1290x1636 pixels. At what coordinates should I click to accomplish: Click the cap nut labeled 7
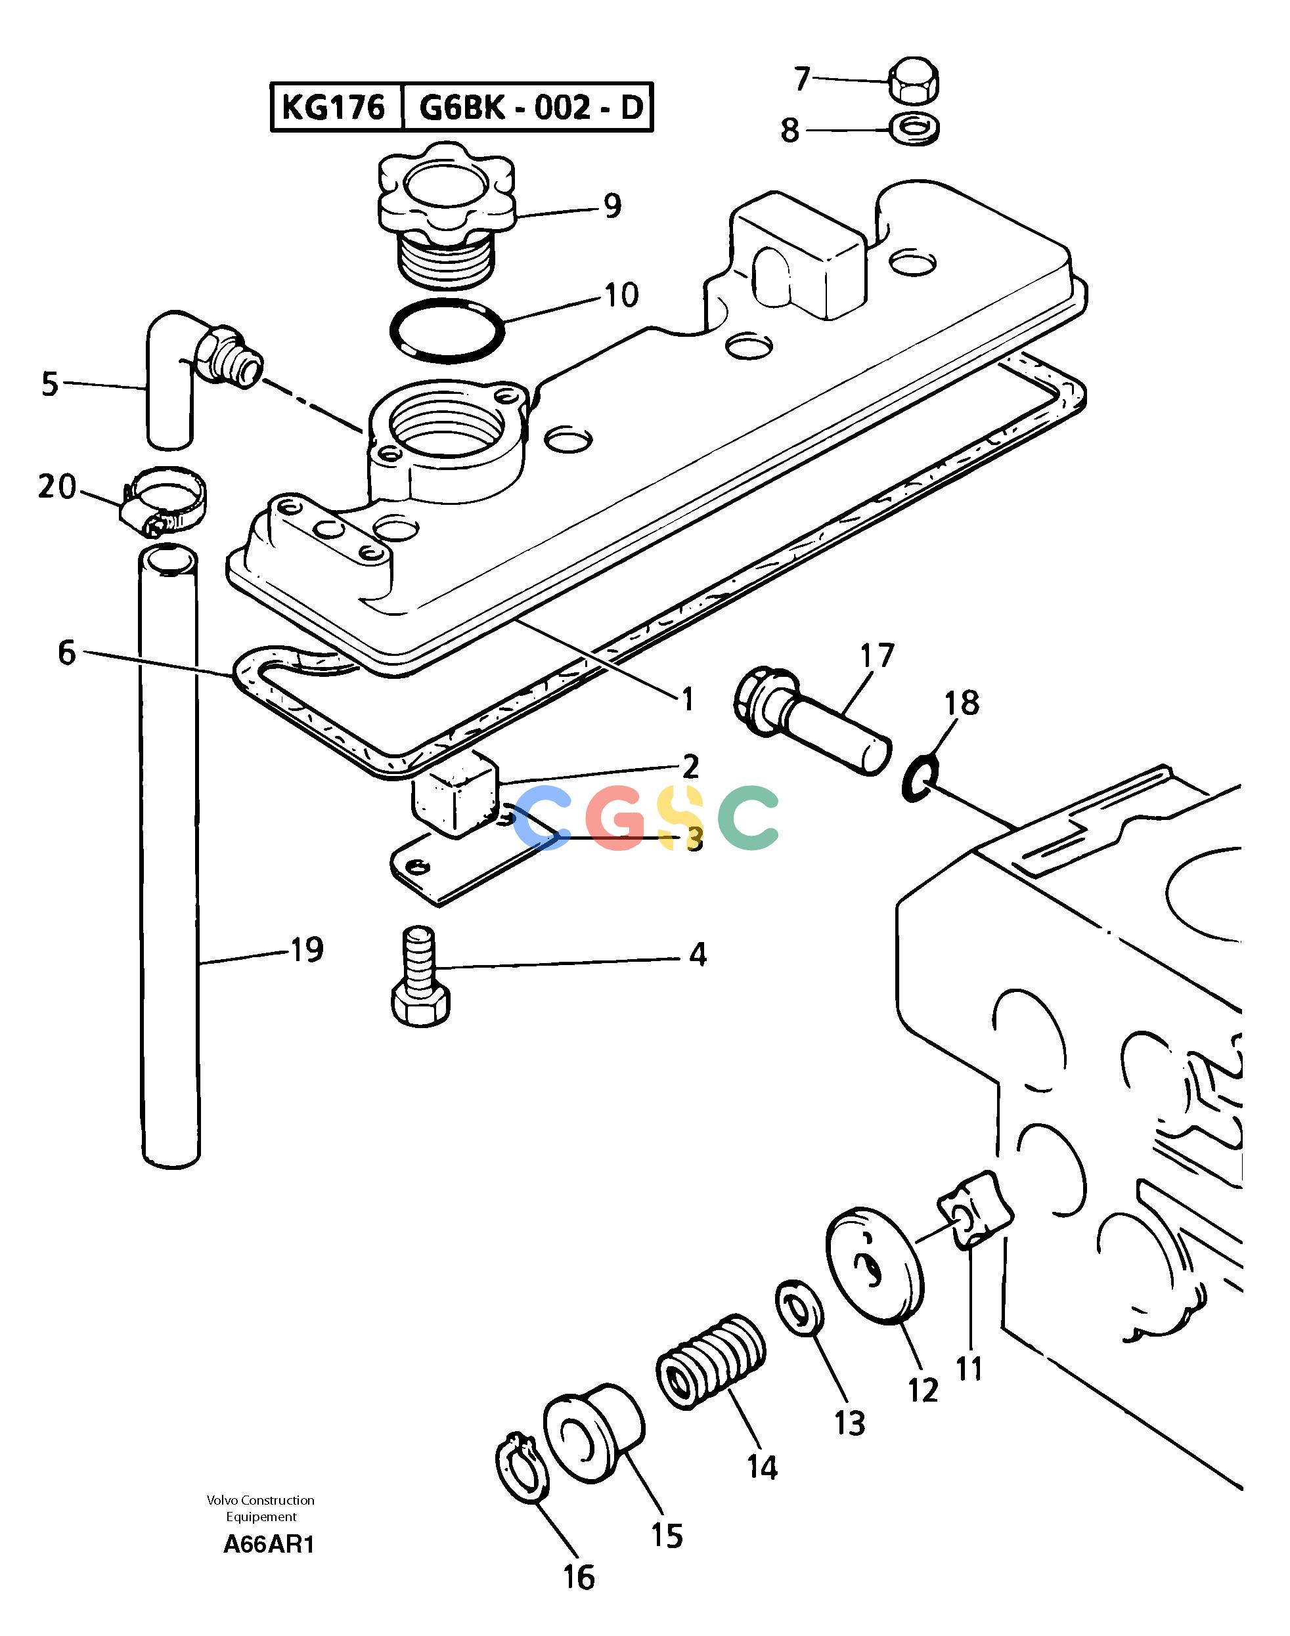(916, 80)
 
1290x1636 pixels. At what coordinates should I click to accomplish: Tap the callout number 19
(307, 950)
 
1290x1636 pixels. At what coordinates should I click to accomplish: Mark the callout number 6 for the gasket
(67, 653)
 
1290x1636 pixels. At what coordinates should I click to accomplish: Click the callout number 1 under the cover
(687, 700)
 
